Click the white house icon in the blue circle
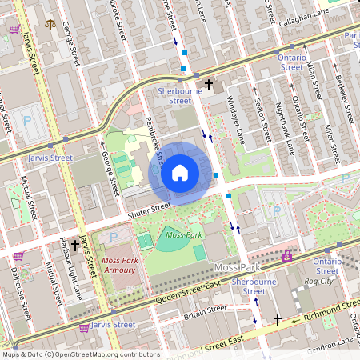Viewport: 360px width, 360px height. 180,172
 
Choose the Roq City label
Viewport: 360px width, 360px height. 328,281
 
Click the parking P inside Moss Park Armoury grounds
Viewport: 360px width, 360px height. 114,237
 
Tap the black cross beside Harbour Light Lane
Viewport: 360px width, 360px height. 76,246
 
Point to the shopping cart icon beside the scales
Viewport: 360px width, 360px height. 15,29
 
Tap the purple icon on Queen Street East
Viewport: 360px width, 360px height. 287,257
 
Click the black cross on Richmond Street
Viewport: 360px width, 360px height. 278,319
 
